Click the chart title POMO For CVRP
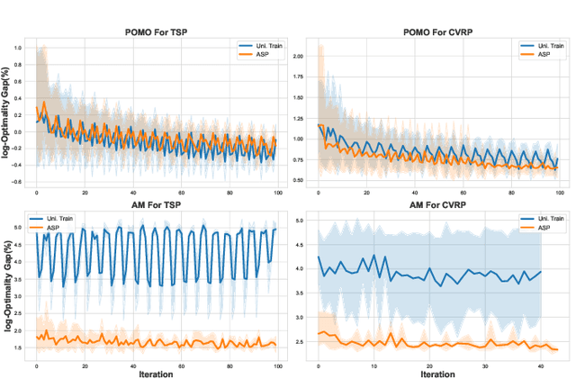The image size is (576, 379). click(439, 32)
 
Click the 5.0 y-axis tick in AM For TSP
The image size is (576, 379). click(20, 228)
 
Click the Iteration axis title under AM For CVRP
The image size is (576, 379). click(438, 371)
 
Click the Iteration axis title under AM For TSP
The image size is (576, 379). click(157, 371)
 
